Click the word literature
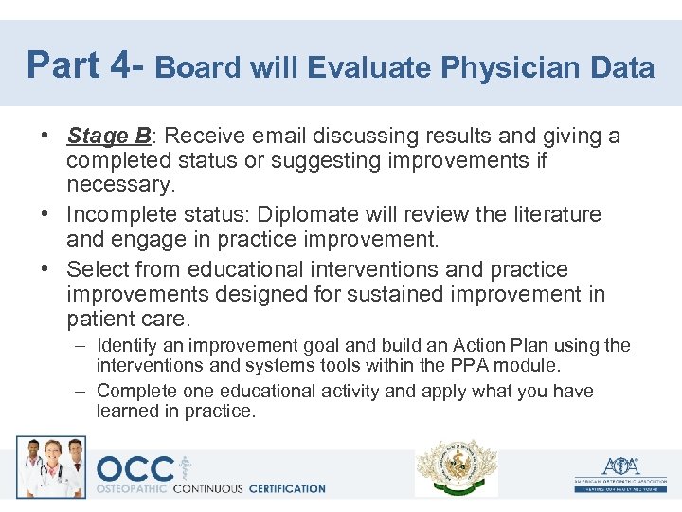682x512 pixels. [x=552, y=214]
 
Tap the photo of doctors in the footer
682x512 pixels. [x=50, y=466]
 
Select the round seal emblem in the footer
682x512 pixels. [x=457, y=467]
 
